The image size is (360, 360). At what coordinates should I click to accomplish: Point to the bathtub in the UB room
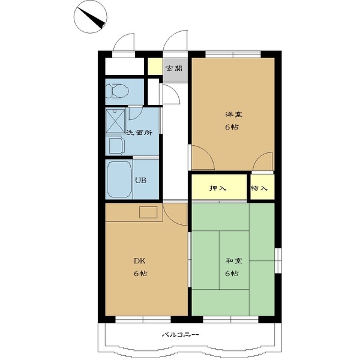119,179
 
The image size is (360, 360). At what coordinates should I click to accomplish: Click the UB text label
140,179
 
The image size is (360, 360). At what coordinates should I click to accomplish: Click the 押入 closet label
218,188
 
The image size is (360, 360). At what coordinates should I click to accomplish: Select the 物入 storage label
259,188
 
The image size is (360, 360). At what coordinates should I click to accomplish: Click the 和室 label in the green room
233,262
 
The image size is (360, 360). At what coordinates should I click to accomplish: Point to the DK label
139,261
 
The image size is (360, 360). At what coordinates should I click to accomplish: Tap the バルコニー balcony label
179,335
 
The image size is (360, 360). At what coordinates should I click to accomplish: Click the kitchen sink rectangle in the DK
148,212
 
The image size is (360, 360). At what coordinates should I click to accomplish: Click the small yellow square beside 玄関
154,67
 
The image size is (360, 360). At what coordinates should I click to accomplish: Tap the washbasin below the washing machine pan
116,145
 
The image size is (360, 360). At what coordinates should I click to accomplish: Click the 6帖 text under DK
140,273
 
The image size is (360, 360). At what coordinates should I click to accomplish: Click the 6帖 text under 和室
233,274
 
